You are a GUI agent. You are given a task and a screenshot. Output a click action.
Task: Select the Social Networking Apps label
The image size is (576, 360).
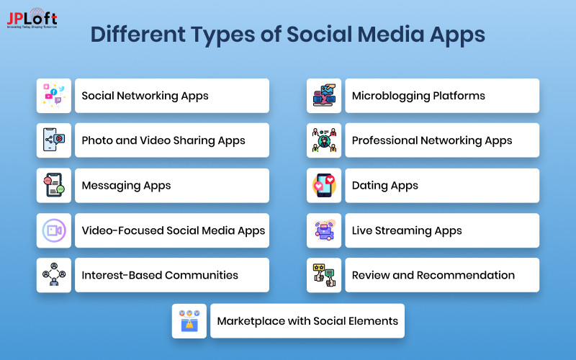[x=145, y=96]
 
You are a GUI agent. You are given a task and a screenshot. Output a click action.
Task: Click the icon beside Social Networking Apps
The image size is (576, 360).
[x=54, y=96]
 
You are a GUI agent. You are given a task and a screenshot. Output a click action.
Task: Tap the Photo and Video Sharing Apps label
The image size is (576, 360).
[x=163, y=140]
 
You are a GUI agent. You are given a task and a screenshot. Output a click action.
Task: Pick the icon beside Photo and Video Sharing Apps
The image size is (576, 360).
[x=54, y=140]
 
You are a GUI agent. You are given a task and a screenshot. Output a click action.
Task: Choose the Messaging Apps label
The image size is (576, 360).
[x=126, y=186]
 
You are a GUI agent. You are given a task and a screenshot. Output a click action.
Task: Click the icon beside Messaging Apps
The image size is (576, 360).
[x=54, y=186]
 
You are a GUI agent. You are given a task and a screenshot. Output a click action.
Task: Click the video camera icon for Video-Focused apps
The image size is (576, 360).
[x=54, y=230]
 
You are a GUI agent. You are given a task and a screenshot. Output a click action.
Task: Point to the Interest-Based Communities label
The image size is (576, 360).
[x=160, y=275]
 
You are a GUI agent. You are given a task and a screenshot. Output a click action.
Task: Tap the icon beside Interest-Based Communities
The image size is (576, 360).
[x=54, y=275]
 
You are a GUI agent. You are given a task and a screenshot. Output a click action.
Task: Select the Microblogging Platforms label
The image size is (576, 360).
[x=418, y=96]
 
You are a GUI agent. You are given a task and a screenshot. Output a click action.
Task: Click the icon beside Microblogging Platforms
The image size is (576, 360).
[x=324, y=96]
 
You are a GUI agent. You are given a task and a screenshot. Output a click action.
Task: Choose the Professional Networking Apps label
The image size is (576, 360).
[x=432, y=140]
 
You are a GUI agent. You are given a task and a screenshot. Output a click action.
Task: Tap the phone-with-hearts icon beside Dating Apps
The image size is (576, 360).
[x=324, y=186]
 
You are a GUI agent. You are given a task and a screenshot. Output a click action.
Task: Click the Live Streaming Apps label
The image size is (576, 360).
[x=407, y=230]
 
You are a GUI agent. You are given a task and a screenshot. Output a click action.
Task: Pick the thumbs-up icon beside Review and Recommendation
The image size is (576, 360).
[x=324, y=275]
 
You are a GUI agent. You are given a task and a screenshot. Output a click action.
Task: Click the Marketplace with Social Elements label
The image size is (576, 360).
[x=307, y=321]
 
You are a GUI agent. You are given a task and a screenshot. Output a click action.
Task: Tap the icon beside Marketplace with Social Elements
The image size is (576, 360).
[x=189, y=321]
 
